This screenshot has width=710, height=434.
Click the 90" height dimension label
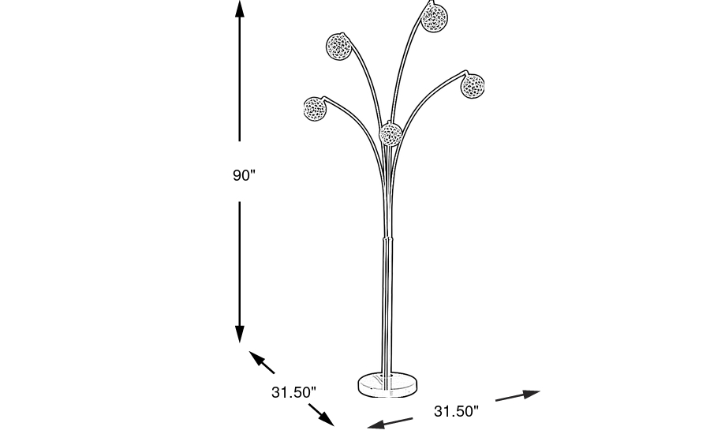244,175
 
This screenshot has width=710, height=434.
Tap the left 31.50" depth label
293,392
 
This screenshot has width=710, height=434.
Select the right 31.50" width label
456,411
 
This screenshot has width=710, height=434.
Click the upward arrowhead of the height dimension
240,9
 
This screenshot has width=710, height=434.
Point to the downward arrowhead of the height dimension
240,335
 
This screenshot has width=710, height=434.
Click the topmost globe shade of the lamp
434,18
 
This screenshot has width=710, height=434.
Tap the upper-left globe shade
338,47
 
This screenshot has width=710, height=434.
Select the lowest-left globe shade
315,109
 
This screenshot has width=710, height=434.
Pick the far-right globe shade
473,86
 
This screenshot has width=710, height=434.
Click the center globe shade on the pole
390,134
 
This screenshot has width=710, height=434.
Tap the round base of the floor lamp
387,385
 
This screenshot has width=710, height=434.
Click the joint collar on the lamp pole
387,238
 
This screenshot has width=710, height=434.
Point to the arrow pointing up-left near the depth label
262,362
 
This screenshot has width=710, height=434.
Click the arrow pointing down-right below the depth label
322,415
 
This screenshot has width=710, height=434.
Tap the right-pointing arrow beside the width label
518,395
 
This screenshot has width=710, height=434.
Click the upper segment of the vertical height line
240,71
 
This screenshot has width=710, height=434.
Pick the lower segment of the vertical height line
240,271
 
